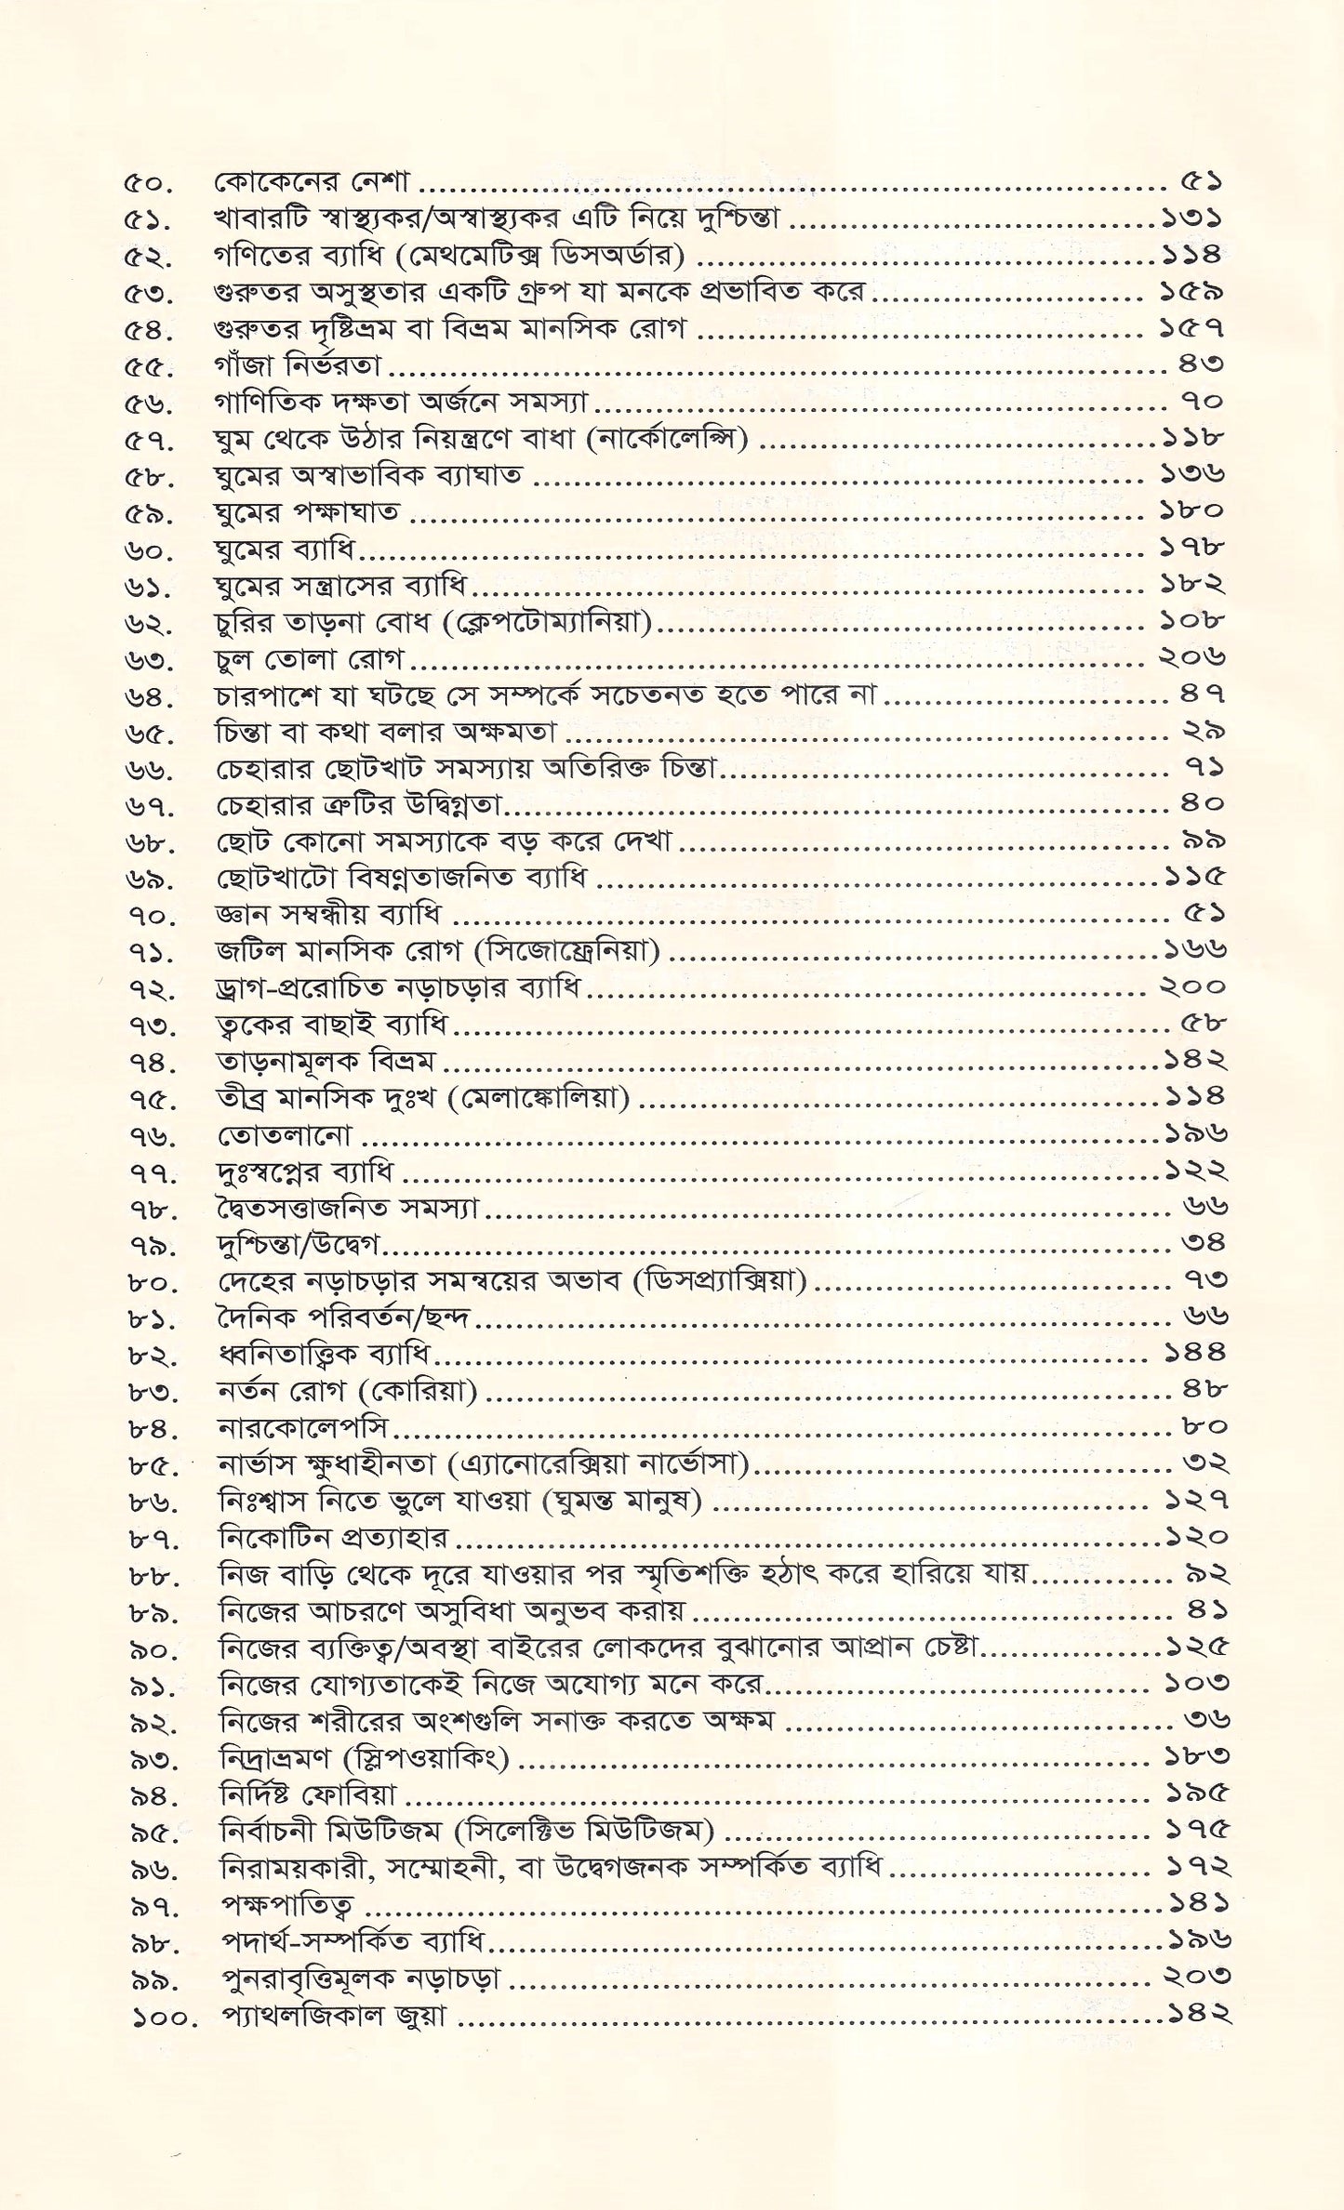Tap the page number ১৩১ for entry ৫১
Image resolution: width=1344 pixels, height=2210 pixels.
point(1191,219)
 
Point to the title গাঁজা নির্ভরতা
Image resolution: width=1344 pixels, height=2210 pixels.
point(297,365)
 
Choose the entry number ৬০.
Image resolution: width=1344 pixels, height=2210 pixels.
point(148,551)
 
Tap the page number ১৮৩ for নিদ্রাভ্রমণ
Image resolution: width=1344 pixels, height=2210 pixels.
point(1197,1756)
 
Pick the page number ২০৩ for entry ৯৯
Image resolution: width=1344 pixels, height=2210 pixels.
point(1197,1976)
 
